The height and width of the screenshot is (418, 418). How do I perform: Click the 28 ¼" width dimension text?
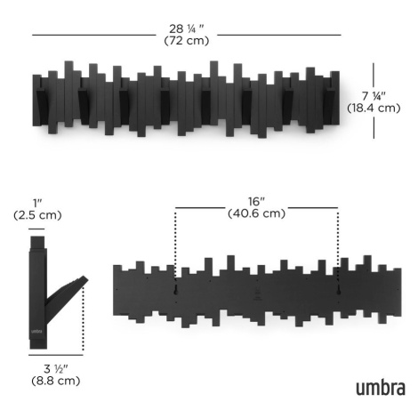point(187,28)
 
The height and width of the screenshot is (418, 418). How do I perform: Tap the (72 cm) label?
point(187,41)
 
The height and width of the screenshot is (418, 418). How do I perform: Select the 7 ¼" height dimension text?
point(374,96)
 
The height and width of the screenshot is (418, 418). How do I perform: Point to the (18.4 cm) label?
point(374,108)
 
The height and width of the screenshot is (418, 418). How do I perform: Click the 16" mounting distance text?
point(256,202)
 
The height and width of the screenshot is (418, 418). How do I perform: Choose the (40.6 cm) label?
point(256,213)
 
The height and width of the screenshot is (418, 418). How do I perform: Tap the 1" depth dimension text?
point(37,204)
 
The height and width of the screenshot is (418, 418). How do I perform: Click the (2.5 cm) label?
point(37,215)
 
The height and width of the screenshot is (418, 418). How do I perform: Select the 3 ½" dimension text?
point(56,369)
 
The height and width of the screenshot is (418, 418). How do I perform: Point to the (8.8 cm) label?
point(56,381)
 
